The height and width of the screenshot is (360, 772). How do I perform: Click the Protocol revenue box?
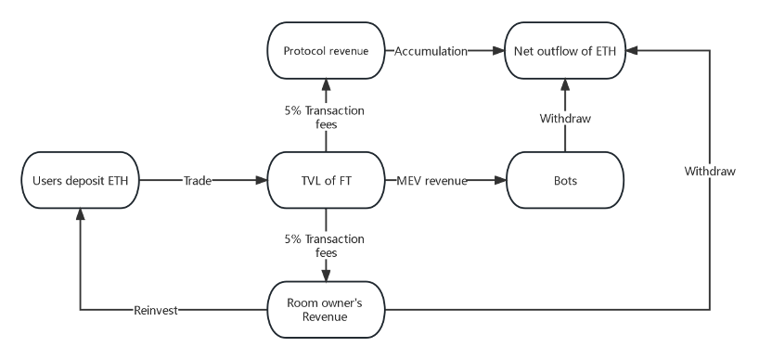coord(326,51)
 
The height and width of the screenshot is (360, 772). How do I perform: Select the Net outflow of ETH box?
coord(565,51)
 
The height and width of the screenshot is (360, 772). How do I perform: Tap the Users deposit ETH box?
coord(80,180)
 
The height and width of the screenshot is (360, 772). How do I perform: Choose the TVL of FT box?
coord(326,180)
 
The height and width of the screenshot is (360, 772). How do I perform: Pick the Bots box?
coord(565,180)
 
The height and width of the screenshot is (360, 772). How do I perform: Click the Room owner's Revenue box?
coord(326,310)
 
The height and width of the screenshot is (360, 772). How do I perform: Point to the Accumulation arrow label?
coord(431,51)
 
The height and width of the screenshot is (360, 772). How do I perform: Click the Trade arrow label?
coord(198,181)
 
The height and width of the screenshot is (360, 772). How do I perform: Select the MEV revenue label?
coord(431,181)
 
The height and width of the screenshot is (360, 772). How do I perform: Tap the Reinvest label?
coord(156,310)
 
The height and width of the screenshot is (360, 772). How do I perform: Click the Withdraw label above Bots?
coord(565,118)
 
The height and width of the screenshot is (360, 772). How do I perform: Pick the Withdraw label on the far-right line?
coord(710,171)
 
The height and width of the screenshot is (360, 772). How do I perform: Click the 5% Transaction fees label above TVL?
coord(325,117)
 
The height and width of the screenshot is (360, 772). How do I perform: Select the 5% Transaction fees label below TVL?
coord(325,245)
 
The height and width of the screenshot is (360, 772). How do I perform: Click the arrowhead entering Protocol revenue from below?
coord(326,84)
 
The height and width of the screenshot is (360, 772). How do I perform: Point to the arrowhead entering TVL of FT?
coord(261,180)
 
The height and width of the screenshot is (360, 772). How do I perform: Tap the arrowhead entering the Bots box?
coord(500,180)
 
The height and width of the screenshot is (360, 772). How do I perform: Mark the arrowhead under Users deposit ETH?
coord(80,214)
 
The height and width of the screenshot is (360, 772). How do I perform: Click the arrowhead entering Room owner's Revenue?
coord(326,276)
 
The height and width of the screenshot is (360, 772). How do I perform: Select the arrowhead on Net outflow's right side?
coord(632,50)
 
